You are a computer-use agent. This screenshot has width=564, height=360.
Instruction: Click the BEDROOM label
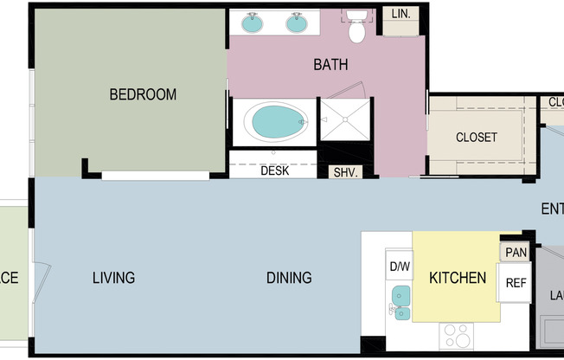click(143, 94)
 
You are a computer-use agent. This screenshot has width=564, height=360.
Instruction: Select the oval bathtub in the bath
click(273, 122)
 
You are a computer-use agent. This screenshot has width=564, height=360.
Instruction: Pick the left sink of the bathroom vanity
click(253, 22)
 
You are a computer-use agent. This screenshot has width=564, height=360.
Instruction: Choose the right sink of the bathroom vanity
click(298, 22)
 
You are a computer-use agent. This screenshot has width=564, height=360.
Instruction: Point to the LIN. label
click(401, 15)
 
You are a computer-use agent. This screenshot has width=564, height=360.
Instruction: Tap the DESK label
click(274, 170)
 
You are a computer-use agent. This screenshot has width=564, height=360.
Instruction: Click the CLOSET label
click(476, 137)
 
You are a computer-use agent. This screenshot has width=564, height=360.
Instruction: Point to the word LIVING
click(113, 278)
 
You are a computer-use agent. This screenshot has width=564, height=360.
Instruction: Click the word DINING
click(289, 278)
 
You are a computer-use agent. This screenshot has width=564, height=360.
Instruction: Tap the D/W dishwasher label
click(399, 266)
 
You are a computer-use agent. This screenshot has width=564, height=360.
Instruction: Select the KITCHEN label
click(458, 278)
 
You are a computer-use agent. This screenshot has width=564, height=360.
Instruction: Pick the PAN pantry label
click(516, 252)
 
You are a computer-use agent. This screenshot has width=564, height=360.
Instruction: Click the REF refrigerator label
click(516, 282)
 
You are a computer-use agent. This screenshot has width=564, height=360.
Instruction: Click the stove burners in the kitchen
click(457, 333)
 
